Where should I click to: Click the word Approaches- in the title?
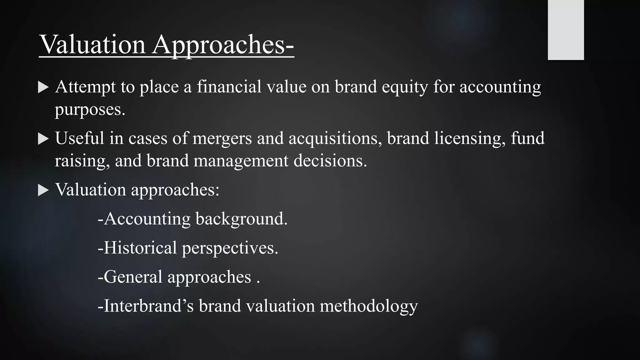pyautogui.click(x=223, y=45)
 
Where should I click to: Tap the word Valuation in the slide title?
pyautogui.click(x=93, y=45)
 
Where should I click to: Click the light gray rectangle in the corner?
pyautogui.click(x=566, y=30)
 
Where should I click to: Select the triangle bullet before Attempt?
pyautogui.click(x=43, y=87)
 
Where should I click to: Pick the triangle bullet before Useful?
pyautogui.click(x=43, y=139)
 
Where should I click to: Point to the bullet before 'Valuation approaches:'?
pyautogui.click(x=43, y=190)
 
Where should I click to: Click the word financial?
pyautogui.click(x=229, y=87)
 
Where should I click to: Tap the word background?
pyautogui.click(x=241, y=219)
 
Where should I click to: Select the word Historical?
pyautogui.click(x=140, y=247)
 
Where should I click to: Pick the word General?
pyautogui.click(x=133, y=277)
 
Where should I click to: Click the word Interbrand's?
pyautogui.click(x=149, y=306)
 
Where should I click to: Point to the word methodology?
pyautogui.click(x=369, y=306)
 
